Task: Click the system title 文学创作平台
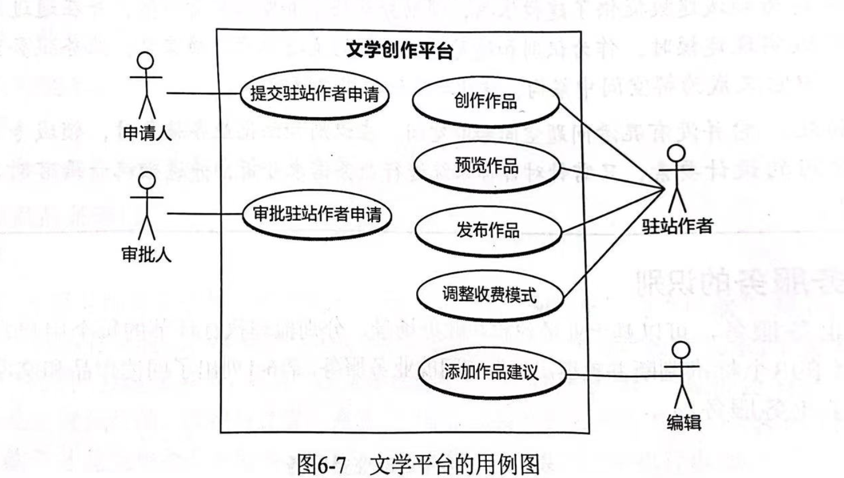coord(400,51)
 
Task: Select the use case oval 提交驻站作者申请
coord(314,94)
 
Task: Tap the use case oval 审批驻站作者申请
coord(317,215)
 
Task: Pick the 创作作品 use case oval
coord(486,102)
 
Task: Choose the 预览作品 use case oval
coord(486,166)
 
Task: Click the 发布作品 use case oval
coord(487,230)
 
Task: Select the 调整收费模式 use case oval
coord(489,295)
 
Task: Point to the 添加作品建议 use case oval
coord(491,372)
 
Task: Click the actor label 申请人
coord(147,133)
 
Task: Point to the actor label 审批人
coord(146,253)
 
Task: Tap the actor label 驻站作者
coord(677,226)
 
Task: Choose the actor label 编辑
coord(684,422)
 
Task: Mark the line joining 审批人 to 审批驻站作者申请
coord(205,214)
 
